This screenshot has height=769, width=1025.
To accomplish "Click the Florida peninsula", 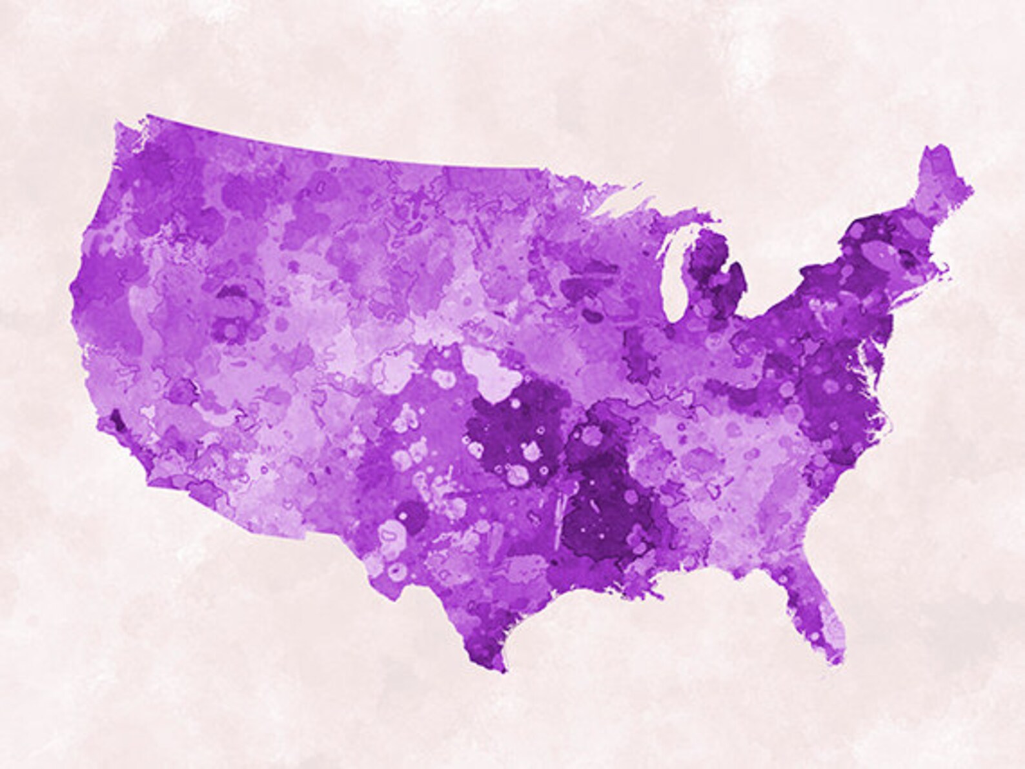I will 817,613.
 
